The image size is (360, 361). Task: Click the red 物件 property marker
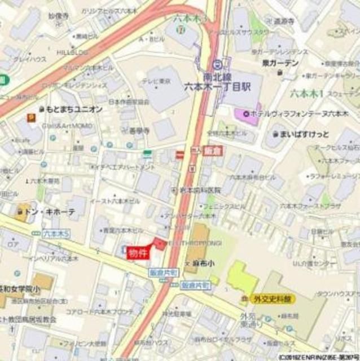(x=138, y=253)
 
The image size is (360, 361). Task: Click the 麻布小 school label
(x=201, y=263)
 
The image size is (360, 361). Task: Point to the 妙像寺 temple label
(x=74, y=17)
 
